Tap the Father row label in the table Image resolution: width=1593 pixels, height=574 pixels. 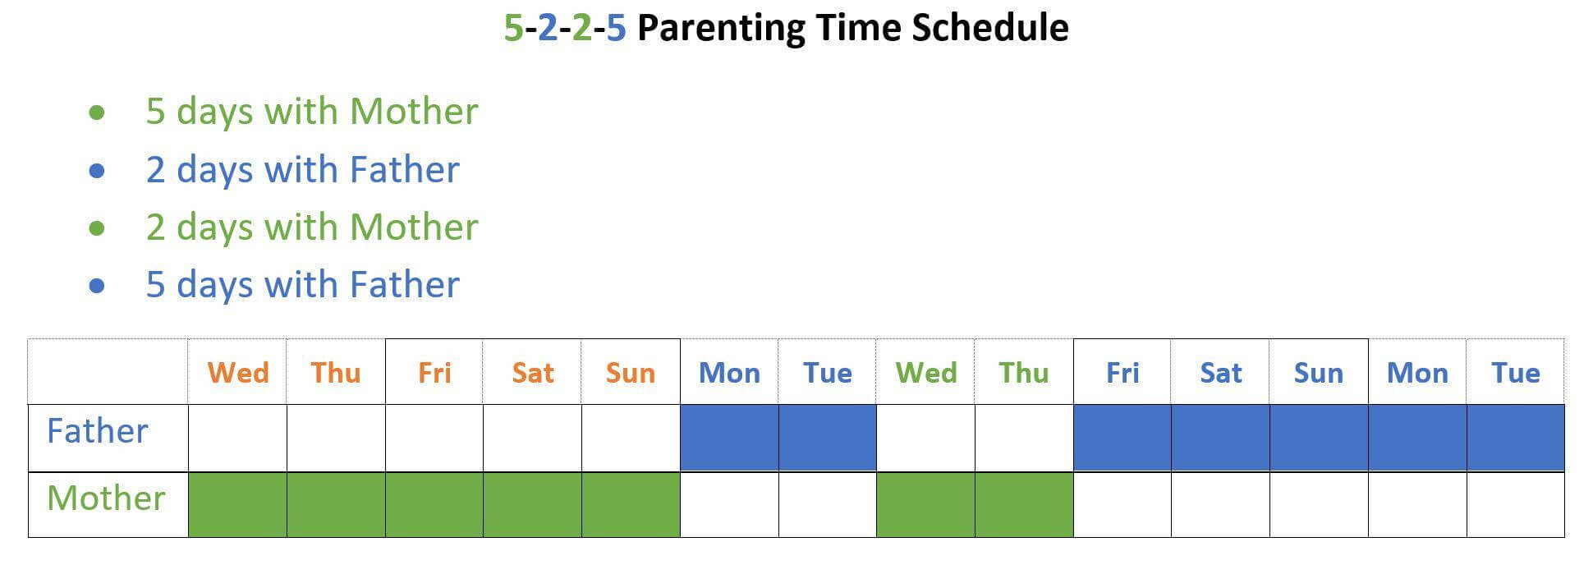(97, 431)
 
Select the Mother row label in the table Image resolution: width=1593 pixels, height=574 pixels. (106, 498)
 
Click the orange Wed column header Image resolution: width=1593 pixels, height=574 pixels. (238, 373)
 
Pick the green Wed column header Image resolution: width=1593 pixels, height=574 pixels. (926, 373)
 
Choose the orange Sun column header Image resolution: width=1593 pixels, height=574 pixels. (631, 373)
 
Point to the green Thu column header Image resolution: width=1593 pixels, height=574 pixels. (1024, 373)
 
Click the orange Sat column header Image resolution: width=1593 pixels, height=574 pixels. (533, 373)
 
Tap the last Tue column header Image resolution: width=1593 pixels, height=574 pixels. (1516, 373)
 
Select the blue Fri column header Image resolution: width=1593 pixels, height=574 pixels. (1122, 373)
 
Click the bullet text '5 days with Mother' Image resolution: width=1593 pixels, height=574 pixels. (312, 112)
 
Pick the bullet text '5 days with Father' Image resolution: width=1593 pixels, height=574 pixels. (303, 285)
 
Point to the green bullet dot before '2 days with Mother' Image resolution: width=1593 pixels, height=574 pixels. (97, 227)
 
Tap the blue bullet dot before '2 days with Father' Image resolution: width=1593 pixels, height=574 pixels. (97, 170)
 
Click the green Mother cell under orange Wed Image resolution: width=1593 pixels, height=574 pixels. (238, 505)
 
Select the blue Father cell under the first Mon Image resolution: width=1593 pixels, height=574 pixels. (729, 438)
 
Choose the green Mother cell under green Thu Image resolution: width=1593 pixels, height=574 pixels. (1024, 505)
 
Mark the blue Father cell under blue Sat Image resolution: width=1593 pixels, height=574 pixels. (1220, 438)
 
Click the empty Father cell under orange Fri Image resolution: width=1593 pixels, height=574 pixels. (434, 438)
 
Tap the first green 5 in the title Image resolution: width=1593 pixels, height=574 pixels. (513, 28)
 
